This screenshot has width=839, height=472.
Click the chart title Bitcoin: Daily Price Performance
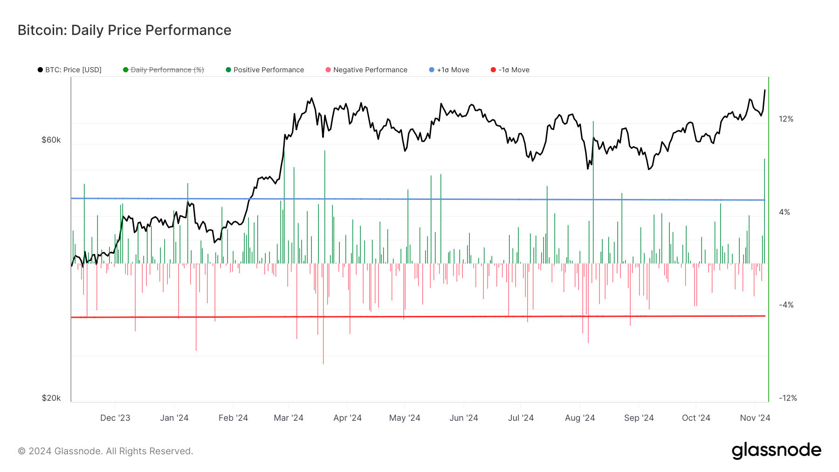point(124,30)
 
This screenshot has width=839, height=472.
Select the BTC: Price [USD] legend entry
point(70,70)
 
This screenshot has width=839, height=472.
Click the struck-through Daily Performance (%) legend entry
point(164,70)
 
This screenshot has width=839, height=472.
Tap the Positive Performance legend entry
point(265,70)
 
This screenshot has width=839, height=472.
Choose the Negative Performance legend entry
point(366,70)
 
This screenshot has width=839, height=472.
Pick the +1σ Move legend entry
point(449,70)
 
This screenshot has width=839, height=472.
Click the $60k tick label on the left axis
point(51,140)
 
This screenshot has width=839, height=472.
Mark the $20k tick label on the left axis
point(51,398)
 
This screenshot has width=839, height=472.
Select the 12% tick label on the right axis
point(786,119)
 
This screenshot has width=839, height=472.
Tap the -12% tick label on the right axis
point(788,398)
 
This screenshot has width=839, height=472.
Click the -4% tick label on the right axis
point(786,305)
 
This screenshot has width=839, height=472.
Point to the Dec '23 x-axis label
point(115,418)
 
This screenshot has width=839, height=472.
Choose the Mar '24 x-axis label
point(289,418)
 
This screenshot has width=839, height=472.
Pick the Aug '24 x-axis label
point(580,418)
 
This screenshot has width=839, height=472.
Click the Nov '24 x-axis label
point(755,418)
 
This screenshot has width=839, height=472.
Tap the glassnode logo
point(777,451)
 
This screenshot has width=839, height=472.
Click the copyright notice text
point(105,451)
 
